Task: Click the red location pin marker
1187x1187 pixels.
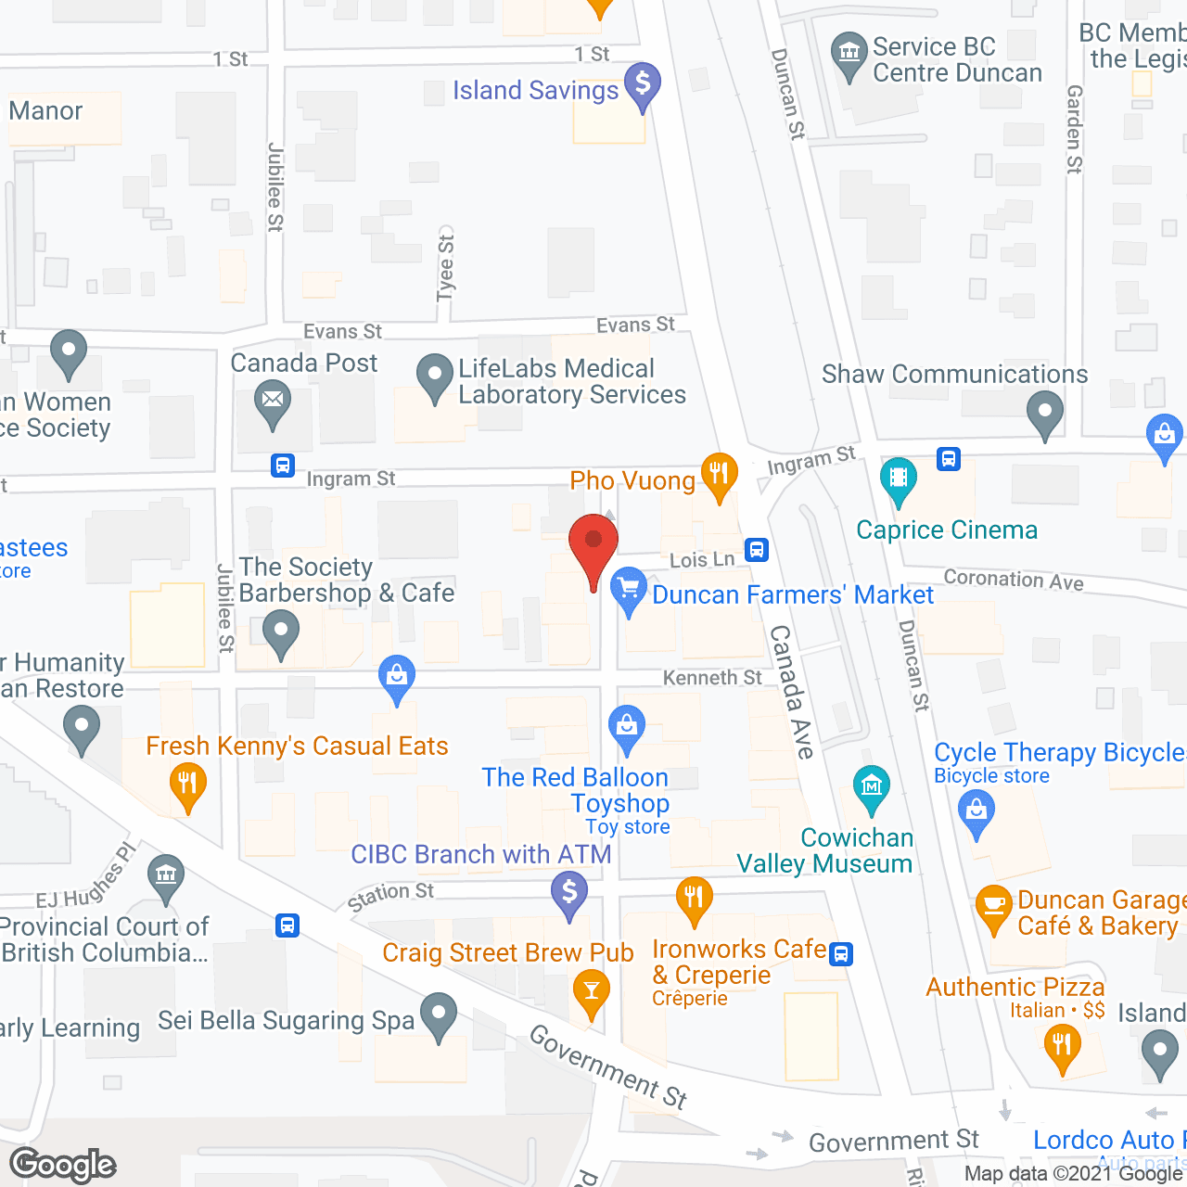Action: coord(593,545)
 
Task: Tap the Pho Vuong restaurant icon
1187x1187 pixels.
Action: coord(719,473)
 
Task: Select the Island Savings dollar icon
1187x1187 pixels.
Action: coord(642,84)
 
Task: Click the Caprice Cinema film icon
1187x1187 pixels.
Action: coord(898,479)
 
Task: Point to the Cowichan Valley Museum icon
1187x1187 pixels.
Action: coord(871,786)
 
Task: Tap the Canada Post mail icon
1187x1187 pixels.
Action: coord(273,402)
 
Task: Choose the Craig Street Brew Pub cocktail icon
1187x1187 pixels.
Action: coord(591,989)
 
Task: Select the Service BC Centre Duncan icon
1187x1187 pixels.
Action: coord(849,53)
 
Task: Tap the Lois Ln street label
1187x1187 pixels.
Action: coord(702,559)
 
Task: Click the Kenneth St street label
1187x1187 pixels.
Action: coord(712,678)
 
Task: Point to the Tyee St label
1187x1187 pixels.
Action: coord(446,268)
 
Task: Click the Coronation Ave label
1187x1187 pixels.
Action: coord(1014,580)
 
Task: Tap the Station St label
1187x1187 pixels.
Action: coord(390,896)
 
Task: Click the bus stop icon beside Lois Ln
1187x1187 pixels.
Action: coord(757,550)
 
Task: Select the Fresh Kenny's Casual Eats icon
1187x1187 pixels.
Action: coord(187,785)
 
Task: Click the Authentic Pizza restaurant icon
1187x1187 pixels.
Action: coord(1062,1046)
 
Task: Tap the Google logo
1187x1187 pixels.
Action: coord(63,1165)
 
